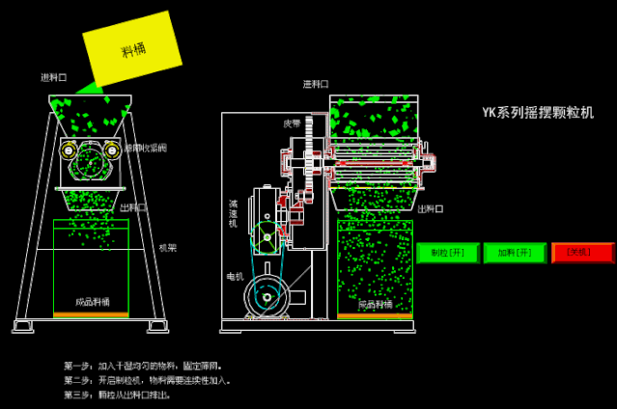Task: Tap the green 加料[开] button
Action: click(514, 253)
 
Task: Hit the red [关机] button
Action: click(582, 253)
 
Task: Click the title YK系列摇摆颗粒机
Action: click(538, 113)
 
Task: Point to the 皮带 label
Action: click(292, 123)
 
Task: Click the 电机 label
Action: click(235, 277)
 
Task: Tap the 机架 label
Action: click(167, 248)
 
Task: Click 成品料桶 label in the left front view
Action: click(93, 300)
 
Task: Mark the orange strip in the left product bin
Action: click(91, 314)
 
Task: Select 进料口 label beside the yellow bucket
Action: click(54, 77)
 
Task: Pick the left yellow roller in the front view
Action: click(69, 150)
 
